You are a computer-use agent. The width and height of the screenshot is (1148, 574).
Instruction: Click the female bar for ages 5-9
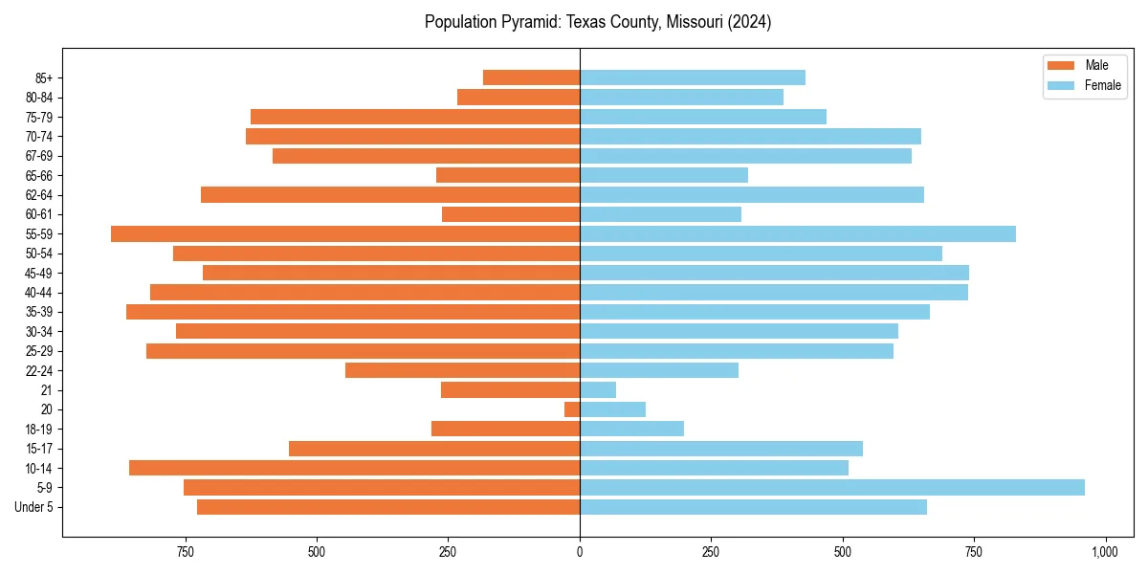(832, 488)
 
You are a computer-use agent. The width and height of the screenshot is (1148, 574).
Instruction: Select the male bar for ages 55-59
(344, 234)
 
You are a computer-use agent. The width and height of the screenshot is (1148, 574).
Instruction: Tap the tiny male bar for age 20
(572, 409)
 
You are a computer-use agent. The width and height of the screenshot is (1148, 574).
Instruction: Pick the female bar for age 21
(598, 390)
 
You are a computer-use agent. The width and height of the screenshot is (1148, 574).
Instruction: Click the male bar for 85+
(531, 77)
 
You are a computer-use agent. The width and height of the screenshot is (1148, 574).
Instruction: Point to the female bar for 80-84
(681, 98)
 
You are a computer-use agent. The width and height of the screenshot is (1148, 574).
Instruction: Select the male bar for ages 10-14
(354, 468)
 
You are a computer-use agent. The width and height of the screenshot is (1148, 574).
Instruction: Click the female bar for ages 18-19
(631, 429)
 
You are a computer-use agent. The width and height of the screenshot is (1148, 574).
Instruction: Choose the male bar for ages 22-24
(462, 370)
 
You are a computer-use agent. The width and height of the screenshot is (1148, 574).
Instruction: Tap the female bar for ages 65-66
(664, 175)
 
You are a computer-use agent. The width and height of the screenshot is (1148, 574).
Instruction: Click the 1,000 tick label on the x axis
(1105, 552)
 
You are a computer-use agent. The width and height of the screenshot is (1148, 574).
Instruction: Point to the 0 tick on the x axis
(580, 552)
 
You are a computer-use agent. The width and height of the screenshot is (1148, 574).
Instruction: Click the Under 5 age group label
(34, 507)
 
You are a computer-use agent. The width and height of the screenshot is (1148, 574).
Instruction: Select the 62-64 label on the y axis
(39, 195)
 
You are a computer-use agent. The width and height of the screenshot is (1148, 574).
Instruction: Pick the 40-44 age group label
(39, 293)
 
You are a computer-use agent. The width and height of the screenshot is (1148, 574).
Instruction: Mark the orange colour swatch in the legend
(1061, 65)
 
